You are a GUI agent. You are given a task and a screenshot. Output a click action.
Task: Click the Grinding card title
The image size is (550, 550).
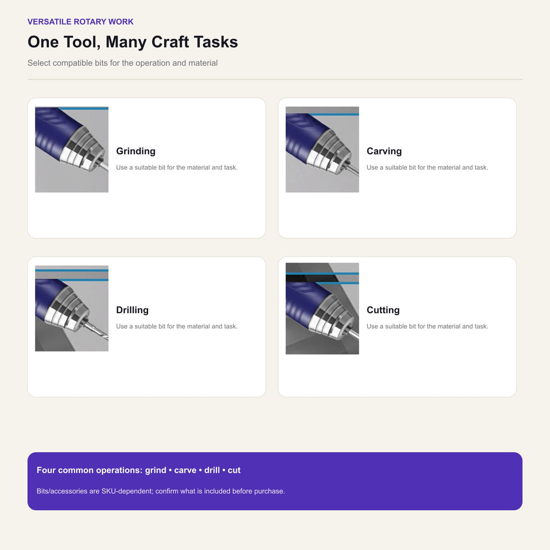click(136, 151)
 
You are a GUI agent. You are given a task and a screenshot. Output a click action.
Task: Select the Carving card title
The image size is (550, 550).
click(384, 151)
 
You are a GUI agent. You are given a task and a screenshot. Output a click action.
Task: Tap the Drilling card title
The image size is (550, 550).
click(132, 310)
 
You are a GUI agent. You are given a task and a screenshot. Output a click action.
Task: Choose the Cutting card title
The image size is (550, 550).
click(383, 310)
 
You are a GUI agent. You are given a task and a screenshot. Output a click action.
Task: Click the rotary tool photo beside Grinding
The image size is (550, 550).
click(71, 149)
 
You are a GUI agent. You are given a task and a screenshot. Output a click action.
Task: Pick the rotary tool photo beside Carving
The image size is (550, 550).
click(322, 149)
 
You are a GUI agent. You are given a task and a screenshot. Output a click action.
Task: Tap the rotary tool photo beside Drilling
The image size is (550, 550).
click(71, 308)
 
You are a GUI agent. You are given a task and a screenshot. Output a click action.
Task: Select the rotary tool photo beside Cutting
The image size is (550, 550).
click(322, 308)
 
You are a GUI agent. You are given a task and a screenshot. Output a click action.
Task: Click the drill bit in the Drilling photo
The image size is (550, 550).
click(97, 330)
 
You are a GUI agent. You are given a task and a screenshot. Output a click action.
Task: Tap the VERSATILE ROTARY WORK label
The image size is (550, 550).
click(81, 21)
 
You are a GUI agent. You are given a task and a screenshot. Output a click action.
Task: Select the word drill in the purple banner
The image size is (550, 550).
click(212, 470)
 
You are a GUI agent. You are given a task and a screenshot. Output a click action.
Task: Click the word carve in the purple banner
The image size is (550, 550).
click(185, 471)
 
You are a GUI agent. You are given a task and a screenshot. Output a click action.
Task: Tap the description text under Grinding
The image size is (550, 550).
click(177, 168)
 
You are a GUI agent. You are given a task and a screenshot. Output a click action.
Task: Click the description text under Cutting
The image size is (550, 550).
click(427, 327)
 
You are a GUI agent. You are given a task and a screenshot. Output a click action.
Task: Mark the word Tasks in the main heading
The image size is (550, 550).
click(216, 42)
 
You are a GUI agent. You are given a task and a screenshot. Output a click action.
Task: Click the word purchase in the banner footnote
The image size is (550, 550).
click(270, 491)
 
